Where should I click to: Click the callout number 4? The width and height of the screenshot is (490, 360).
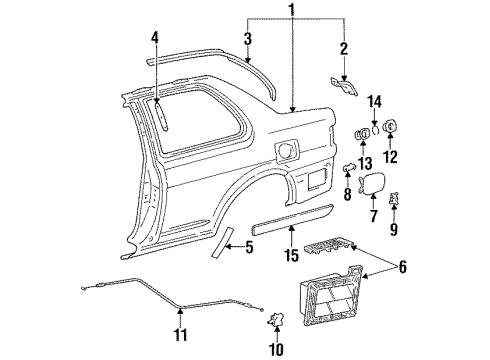coord(154,38)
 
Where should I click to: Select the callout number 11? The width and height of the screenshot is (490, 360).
coord(180,334)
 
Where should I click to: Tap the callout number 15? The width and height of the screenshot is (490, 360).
coord(291,256)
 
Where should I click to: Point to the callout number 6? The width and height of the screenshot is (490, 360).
coord(403,267)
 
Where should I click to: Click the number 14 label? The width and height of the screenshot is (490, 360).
coord(375,101)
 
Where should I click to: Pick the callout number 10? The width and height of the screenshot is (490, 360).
coord(277,349)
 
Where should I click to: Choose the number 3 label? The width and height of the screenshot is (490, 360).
coord(247,39)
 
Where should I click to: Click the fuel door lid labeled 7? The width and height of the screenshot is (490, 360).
coord(373,183)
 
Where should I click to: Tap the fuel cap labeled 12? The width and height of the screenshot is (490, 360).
coord(390,126)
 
